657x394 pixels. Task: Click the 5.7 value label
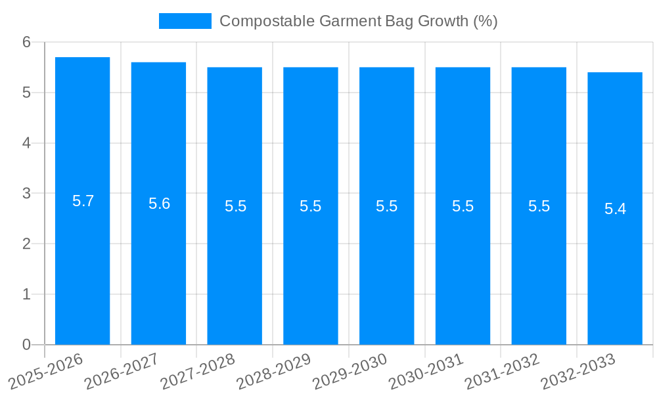point(83,202)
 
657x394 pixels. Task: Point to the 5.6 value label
point(159,204)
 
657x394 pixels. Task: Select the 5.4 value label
point(616,209)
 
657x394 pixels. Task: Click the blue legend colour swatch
point(185,21)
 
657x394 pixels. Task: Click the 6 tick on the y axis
point(27,42)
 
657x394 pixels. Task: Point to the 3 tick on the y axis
point(27,194)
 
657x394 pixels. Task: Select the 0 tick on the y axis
point(27,345)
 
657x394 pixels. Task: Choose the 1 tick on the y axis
point(27,294)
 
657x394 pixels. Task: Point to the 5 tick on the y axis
point(27,93)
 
